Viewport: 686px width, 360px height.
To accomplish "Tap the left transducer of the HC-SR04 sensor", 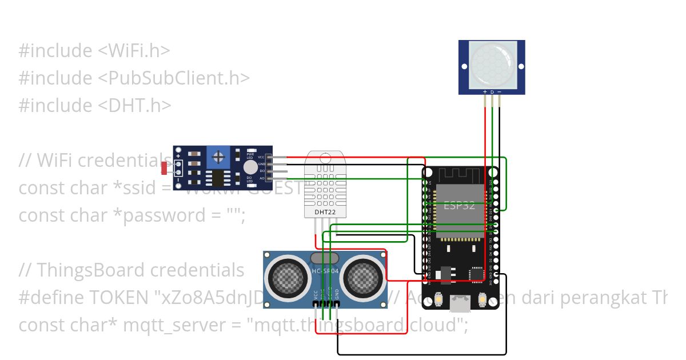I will coord(289,277).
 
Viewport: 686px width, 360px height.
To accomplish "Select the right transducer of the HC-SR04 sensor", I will coord(362,277).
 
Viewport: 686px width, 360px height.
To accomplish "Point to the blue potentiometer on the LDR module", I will coord(218,155).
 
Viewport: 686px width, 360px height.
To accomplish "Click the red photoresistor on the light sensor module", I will coord(165,168).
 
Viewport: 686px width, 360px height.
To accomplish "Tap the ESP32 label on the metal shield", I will coord(460,206).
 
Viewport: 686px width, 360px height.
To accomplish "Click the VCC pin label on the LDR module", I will coord(261,157).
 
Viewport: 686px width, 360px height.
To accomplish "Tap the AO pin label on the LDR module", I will coord(262,178).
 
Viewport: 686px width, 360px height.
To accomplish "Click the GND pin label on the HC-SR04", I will coord(337,294).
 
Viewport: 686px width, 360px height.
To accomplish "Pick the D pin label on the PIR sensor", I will coord(492,92).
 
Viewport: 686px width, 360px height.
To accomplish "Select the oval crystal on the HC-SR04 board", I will coord(325,258).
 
